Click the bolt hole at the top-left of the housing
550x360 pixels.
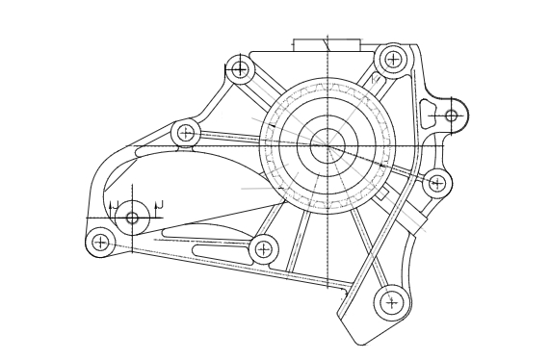pos(240,68)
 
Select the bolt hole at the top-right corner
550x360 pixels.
pos(392,59)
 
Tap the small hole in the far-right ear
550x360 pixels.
pos(451,116)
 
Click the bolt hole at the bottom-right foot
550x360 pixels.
pos(390,302)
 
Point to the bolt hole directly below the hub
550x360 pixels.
pos(263,249)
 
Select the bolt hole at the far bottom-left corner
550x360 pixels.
pos(100,241)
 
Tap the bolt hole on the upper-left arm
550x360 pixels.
pos(186,133)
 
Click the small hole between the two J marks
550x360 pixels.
pos(132,218)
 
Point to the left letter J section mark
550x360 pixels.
pos(114,205)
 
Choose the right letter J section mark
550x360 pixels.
pos(158,204)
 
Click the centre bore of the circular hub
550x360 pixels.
pos(327,145)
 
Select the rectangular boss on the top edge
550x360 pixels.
pos(327,45)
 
